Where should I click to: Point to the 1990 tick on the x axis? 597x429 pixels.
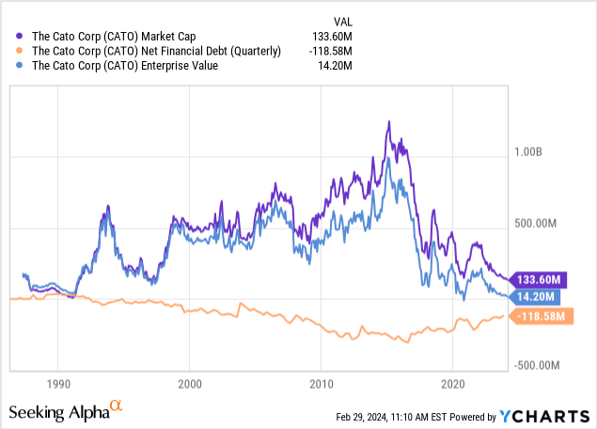pos(57,385)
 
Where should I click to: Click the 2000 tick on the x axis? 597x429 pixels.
pos(189,385)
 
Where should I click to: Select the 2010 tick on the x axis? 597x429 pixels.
pos(321,385)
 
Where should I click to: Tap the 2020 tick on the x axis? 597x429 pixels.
pos(452,385)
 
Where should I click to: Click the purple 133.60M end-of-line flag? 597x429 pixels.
pos(542,279)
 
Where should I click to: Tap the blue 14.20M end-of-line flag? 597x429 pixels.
pos(541,296)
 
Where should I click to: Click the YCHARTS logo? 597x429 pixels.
pos(546,416)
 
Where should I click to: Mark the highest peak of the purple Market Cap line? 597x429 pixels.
pos(388,121)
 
